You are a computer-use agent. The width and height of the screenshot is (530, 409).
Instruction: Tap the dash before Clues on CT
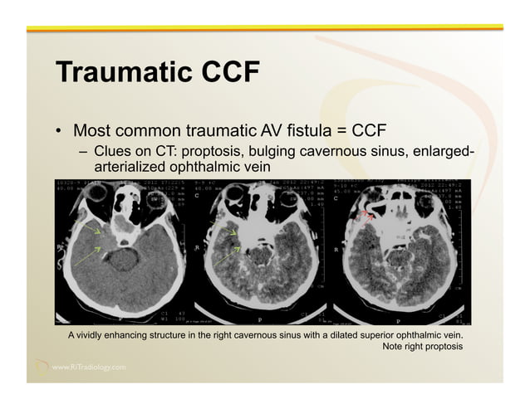[84, 153]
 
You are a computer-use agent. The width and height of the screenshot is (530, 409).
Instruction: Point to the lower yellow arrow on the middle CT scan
[228, 253]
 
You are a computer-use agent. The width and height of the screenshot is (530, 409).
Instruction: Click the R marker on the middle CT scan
[196, 247]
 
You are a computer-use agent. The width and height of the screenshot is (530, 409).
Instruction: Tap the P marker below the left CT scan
[121, 320]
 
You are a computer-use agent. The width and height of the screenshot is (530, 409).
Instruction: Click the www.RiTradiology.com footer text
[89, 367]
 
